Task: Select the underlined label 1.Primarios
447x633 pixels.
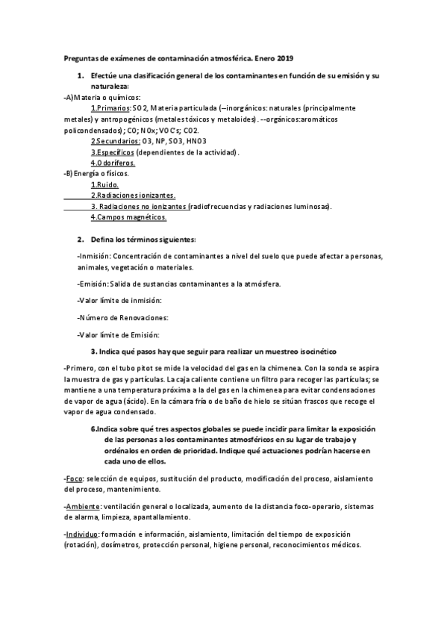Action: click(x=110, y=108)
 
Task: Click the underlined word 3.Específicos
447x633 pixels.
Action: click(x=113, y=152)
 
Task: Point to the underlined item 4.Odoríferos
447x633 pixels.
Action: click(x=113, y=163)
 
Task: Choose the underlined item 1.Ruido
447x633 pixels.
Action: click(x=104, y=184)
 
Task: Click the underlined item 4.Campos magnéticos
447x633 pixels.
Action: click(x=128, y=217)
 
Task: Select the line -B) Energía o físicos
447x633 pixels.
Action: click(x=96, y=173)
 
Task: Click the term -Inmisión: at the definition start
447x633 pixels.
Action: click(x=94, y=256)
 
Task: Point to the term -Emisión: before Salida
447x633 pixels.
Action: click(x=93, y=284)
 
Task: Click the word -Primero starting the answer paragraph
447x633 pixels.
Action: click(x=85, y=368)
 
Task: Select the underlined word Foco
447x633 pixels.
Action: click(x=74, y=478)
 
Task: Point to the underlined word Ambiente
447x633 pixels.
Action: click(x=82, y=506)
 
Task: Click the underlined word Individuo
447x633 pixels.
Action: click(x=81, y=534)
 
